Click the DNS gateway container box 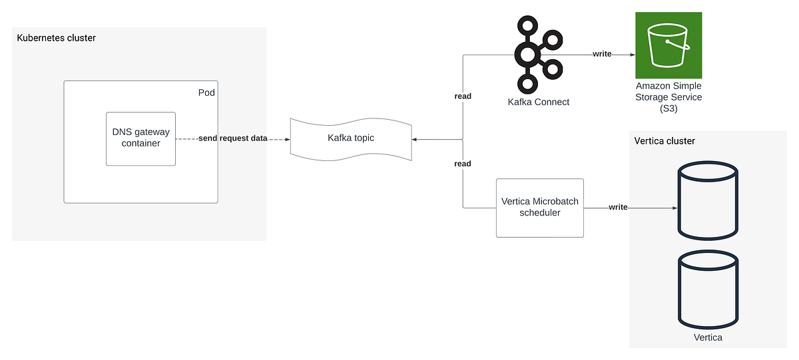click(141, 138)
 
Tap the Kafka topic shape click(350, 138)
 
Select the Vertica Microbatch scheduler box click(539, 208)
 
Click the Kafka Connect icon click(530, 55)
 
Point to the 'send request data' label click(233, 139)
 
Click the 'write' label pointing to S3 click(602, 55)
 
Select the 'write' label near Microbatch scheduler click(618, 208)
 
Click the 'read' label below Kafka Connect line click(463, 96)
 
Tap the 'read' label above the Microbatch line click(463, 164)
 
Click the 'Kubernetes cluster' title click(56, 38)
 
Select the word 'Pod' click(207, 92)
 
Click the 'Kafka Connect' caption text click(539, 102)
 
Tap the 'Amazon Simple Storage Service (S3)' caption click(668, 97)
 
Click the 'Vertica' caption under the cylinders click(707, 337)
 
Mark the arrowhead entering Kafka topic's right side click(415, 140)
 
